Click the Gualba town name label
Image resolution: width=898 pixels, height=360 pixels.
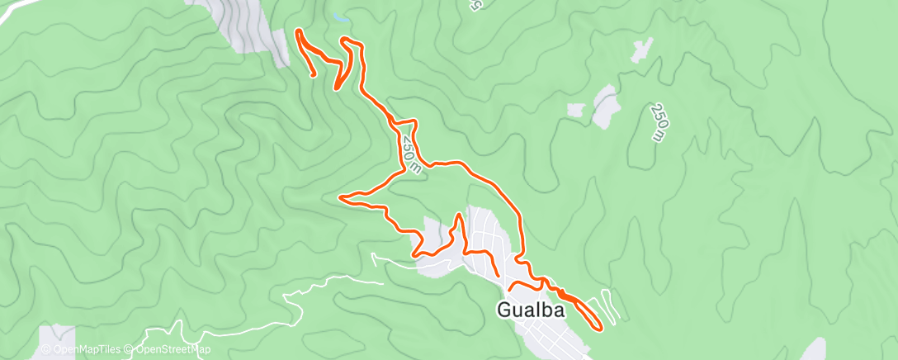point(532,310)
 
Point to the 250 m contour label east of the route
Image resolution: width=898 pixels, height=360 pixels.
point(660,122)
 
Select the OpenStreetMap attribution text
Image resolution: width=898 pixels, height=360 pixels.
point(169,350)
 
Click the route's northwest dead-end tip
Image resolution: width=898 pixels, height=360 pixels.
point(314,76)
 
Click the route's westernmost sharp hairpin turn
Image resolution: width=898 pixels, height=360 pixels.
point(342,197)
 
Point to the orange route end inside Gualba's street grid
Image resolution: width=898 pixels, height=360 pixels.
point(499,274)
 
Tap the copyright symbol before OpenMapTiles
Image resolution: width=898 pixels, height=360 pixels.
point(47,350)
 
